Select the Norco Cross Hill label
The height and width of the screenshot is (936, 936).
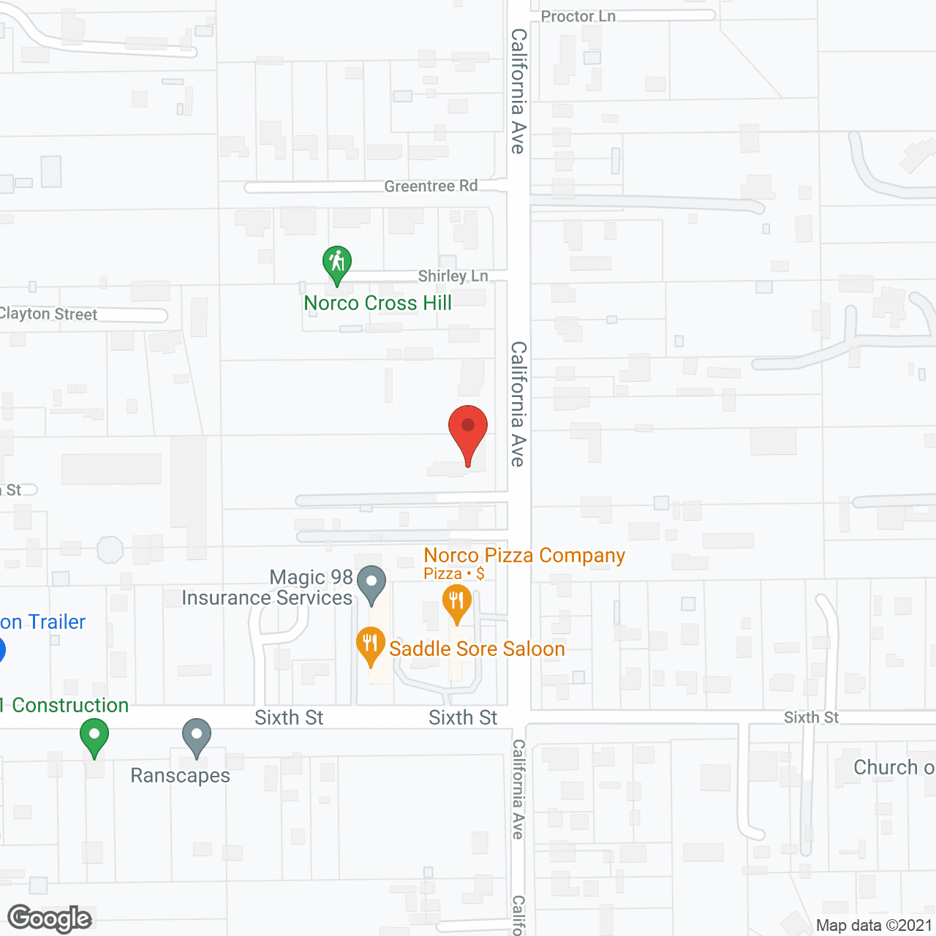(x=377, y=303)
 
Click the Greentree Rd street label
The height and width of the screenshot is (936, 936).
(x=431, y=186)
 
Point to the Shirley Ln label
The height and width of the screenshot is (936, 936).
(x=453, y=276)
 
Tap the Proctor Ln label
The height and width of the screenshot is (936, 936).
(x=578, y=16)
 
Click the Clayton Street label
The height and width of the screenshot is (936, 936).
(x=48, y=314)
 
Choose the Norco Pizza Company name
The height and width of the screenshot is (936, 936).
(x=524, y=556)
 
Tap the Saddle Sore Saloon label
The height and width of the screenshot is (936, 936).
(x=477, y=649)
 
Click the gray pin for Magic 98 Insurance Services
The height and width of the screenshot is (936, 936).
(x=371, y=584)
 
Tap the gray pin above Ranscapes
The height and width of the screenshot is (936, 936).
(x=196, y=736)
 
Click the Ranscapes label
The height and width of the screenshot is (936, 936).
(x=180, y=775)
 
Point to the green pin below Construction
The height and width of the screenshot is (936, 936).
(x=94, y=736)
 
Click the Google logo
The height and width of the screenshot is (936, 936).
(x=49, y=918)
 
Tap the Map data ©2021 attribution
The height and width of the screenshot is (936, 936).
(x=874, y=925)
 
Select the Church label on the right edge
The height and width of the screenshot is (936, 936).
(x=893, y=767)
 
